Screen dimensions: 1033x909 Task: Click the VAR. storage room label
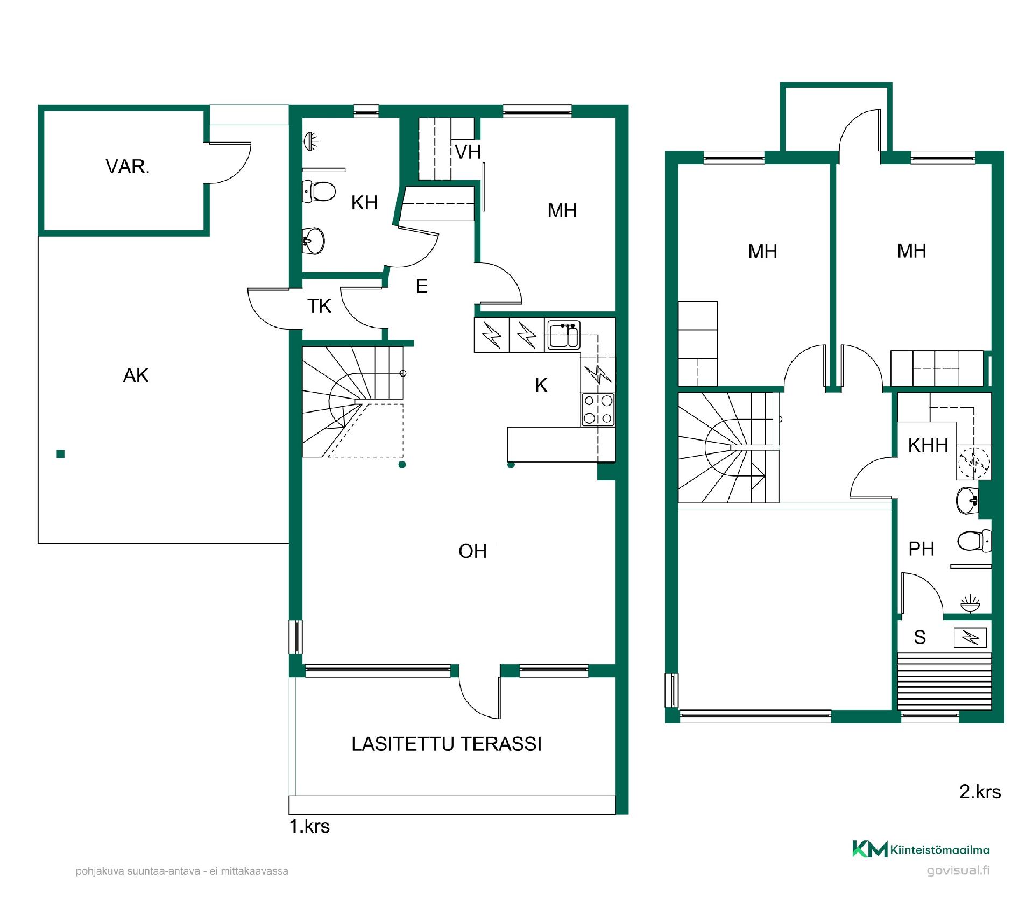pos(128,167)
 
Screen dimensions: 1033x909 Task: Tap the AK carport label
pos(136,375)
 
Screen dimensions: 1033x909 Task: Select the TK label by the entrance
pos(319,306)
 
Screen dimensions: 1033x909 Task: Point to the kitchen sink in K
pos(563,335)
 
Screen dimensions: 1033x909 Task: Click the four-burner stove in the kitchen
pos(598,409)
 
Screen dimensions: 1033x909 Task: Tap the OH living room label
pos(472,551)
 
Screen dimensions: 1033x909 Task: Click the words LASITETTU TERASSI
pos(447,744)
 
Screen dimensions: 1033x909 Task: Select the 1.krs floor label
pos(309,826)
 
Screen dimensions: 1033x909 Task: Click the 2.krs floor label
pos(980,792)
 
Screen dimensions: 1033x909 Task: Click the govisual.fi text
pos(958,871)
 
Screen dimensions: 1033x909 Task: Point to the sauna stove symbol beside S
pos(970,638)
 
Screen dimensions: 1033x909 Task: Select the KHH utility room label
pos(928,445)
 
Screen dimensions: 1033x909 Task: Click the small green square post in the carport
pos(61,454)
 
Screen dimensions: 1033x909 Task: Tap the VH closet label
pos(468,152)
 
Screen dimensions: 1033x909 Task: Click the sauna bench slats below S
pos(944,681)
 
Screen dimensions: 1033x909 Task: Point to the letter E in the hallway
pos(422,286)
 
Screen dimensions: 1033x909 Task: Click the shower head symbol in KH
pos(311,141)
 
